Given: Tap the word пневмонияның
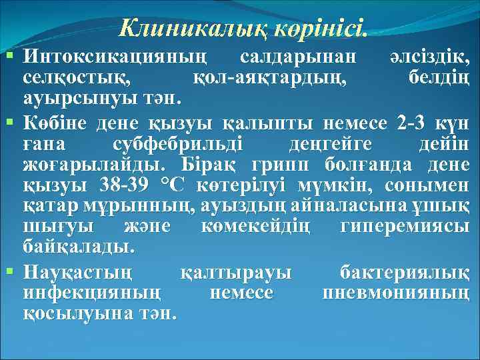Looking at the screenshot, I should [x=395, y=293].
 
